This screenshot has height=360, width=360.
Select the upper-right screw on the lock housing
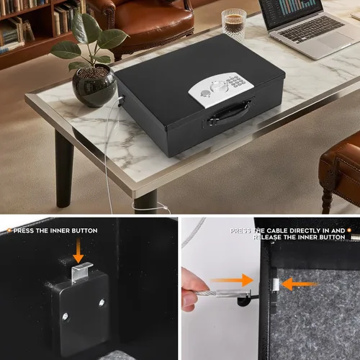click(99, 284)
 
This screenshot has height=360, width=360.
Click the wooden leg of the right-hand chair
click(328, 194)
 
